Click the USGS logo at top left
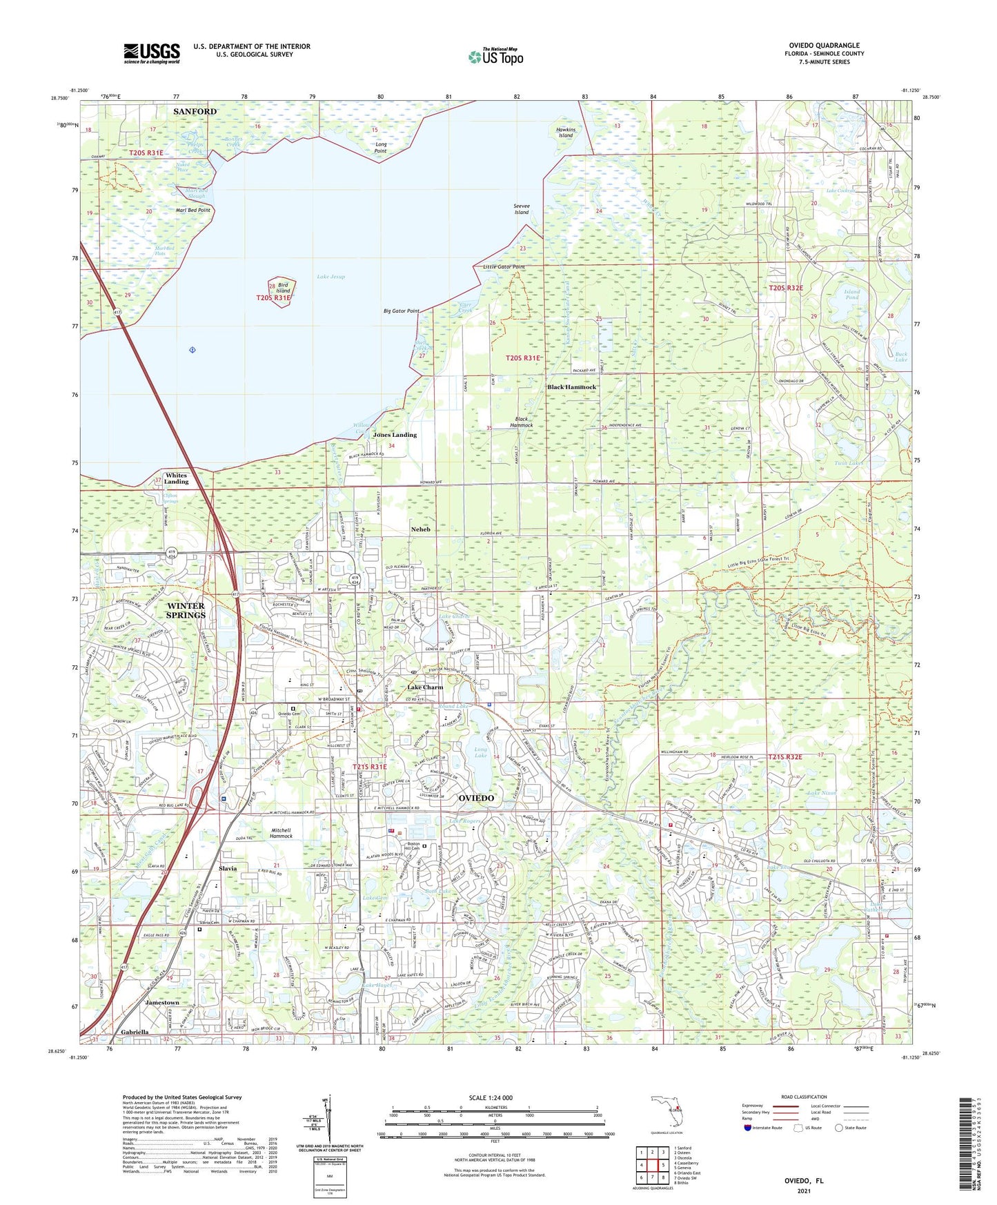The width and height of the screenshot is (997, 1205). (x=152, y=53)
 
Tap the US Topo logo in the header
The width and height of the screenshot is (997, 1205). (x=495, y=57)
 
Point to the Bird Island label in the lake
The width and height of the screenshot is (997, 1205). (x=284, y=288)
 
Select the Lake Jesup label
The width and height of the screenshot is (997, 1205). (x=330, y=277)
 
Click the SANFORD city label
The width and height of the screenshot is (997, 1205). (x=195, y=111)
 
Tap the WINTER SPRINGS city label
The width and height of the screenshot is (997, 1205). (x=186, y=610)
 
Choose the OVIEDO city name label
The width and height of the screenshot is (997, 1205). (x=476, y=798)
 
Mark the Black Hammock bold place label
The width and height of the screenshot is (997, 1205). (x=571, y=387)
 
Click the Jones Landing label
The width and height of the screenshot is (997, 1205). (x=395, y=435)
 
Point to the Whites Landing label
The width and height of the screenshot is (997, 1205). (x=176, y=478)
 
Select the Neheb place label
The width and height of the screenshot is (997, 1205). (x=420, y=529)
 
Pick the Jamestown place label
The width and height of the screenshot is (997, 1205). (x=161, y=1002)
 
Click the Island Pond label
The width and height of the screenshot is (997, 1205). (x=851, y=295)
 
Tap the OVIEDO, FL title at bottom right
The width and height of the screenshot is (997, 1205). (x=804, y=1181)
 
